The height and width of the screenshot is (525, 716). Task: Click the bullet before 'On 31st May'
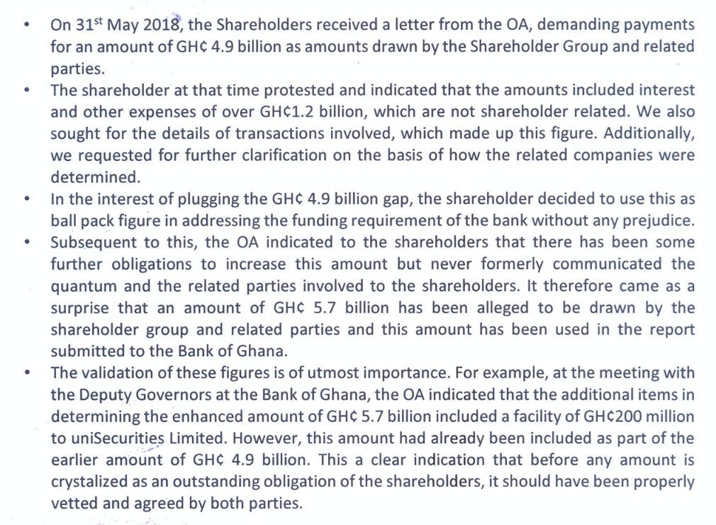27,26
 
